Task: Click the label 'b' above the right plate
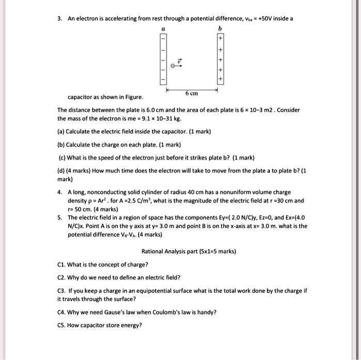coord(220,29)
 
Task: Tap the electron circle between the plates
coord(173,65)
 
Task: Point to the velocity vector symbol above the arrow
coord(179,60)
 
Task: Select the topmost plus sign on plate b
coord(220,39)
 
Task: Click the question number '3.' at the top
coord(60,19)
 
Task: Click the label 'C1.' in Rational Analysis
coord(61,264)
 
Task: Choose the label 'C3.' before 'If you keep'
coord(61,291)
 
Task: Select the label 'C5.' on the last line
coord(61,325)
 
